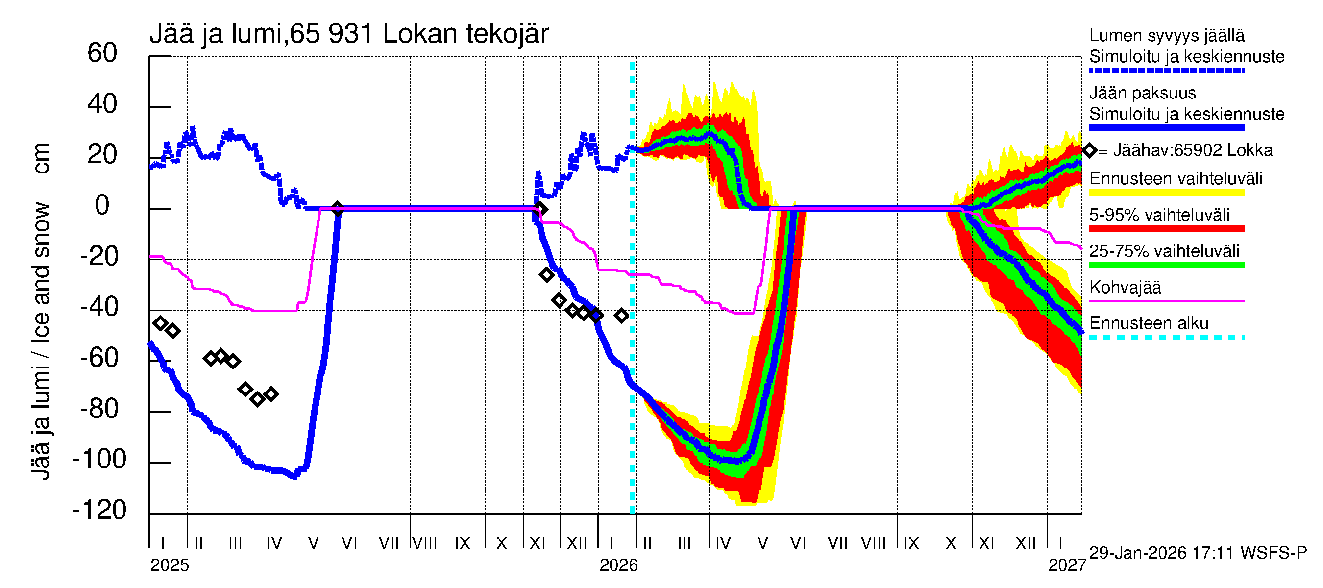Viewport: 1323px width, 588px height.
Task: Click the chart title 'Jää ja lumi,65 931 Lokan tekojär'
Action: pos(349,34)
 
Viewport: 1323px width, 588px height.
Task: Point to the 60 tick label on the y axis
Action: pos(102,53)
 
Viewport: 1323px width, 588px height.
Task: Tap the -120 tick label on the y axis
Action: pos(99,510)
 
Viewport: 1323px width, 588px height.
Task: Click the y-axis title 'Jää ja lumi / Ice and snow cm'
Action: pos(41,311)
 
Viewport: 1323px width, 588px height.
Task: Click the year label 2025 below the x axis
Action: pos(170,565)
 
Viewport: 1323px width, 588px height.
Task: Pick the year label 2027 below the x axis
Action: pos(1067,565)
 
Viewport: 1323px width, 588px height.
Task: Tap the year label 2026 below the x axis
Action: pos(618,565)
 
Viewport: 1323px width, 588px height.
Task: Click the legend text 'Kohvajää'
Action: pos(1125,288)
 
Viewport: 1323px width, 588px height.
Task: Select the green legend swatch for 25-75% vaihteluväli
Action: pos(1166,265)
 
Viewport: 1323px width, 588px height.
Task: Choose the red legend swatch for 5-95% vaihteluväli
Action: pos(1166,228)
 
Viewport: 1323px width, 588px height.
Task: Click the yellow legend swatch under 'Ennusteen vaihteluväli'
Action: pos(1166,193)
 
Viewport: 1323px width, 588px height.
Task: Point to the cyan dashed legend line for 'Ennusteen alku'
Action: pos(1166,338)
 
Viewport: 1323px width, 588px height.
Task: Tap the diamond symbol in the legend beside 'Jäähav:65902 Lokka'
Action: pos(1089,150)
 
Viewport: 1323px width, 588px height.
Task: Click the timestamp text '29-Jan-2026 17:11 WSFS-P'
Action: pos(1198,553)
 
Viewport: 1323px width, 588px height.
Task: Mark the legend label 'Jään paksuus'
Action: pos(1142,93)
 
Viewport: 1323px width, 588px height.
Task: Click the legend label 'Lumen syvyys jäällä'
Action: pos(1166,36)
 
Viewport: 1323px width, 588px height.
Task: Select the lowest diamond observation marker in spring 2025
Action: pos(258,399)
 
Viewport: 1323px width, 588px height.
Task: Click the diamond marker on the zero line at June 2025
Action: pos(337,209)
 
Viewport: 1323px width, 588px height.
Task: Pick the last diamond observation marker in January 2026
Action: pos(621,315)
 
